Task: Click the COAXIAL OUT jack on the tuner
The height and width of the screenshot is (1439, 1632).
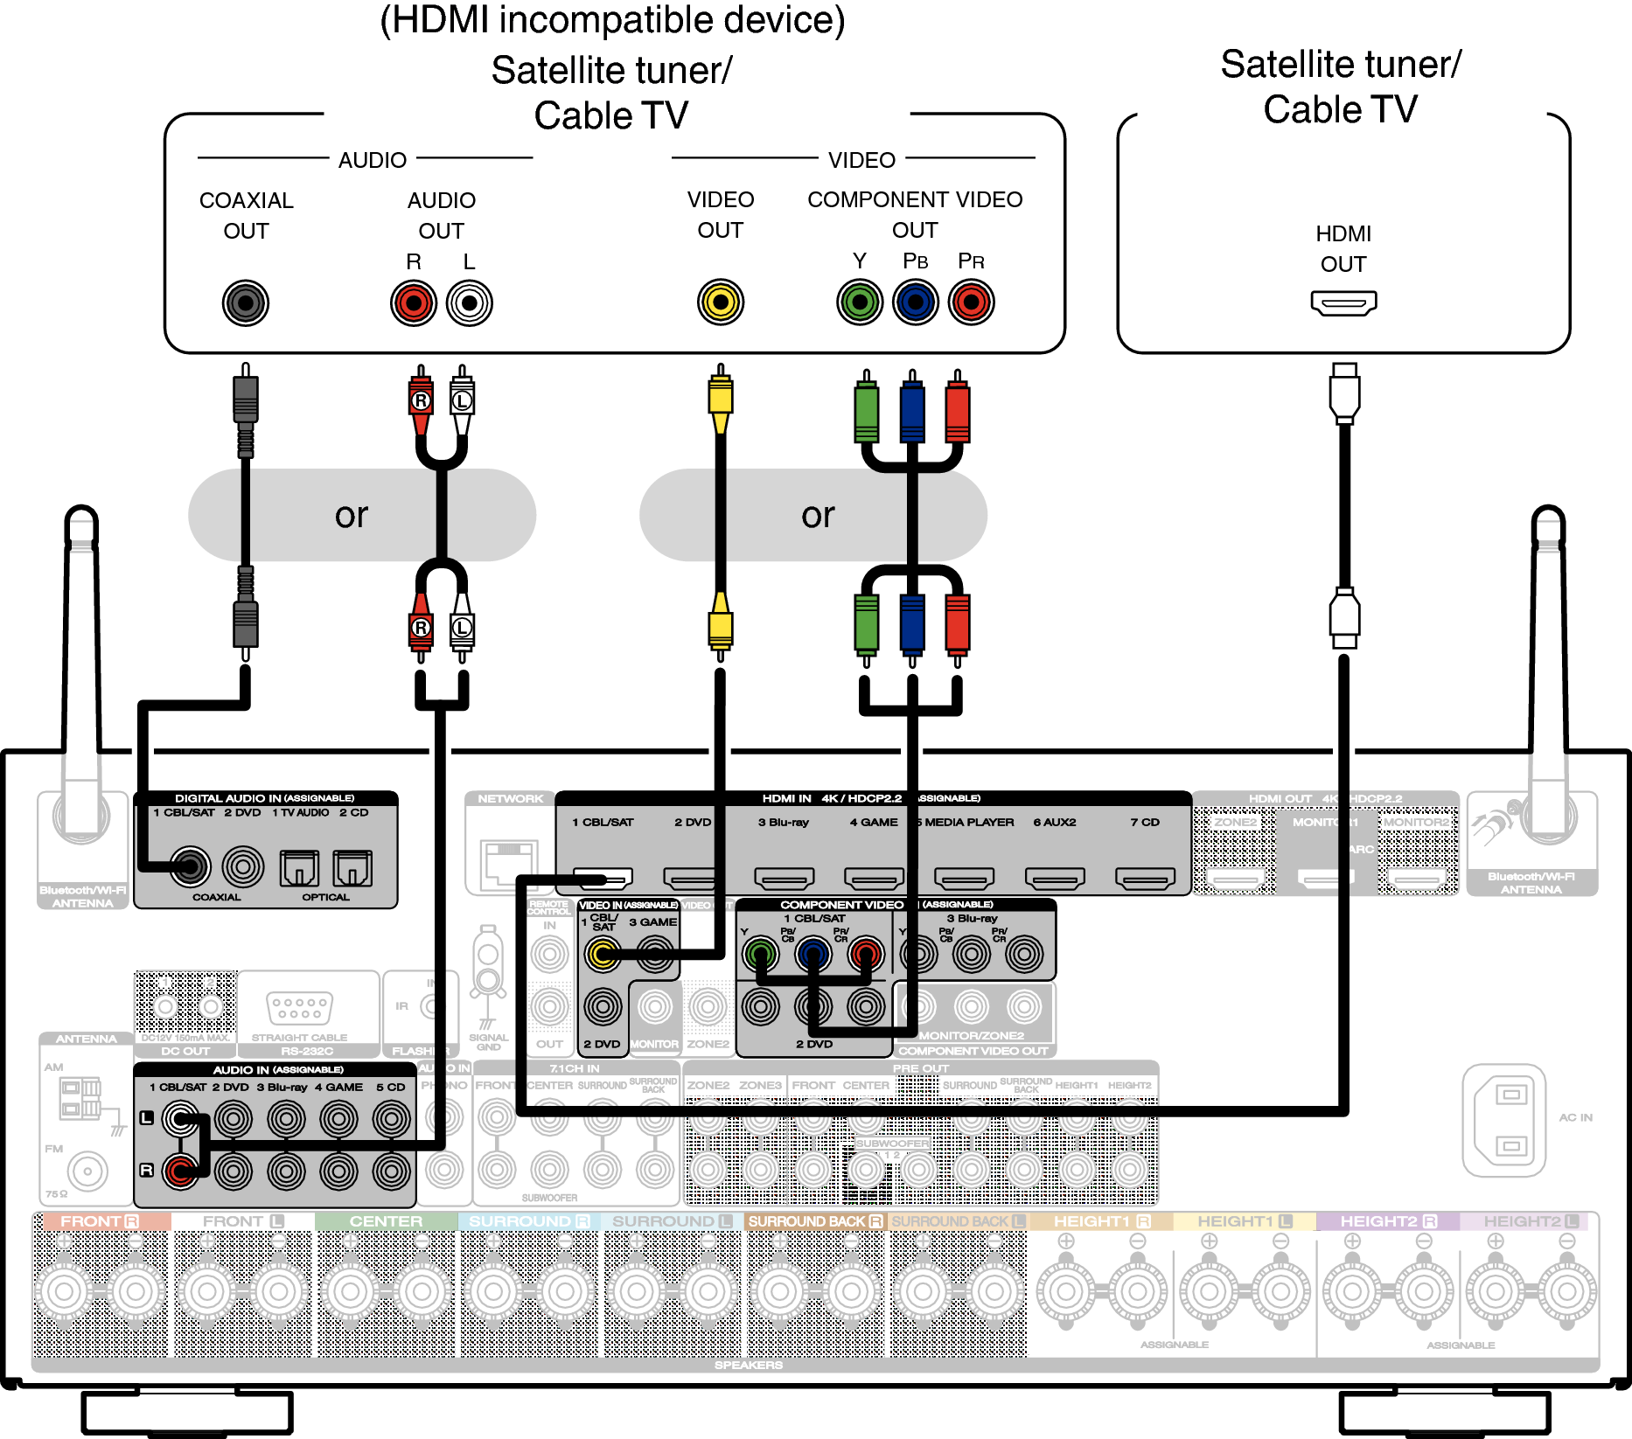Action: click(246, 303)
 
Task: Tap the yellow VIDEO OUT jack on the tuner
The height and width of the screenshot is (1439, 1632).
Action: click(720, 302)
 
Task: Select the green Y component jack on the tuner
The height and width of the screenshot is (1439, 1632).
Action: click(860, 302)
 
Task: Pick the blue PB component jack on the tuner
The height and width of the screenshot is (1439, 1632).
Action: click(915, 302)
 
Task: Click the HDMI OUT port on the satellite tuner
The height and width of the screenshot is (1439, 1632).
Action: click(1343, 303)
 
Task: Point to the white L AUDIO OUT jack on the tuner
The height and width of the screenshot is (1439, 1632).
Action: click(470, 303)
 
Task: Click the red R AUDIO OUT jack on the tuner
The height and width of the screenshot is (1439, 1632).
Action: click(414, 303)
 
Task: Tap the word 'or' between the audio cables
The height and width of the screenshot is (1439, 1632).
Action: click(352, 515)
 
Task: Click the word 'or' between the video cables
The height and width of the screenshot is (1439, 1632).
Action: click(818, 515)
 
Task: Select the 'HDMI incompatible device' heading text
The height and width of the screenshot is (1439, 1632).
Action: click(612, 21)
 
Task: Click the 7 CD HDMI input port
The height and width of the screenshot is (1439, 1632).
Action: click(1145, 877)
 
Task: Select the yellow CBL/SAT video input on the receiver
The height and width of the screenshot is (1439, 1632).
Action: click(603, 954)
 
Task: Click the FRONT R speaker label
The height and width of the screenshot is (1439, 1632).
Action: click(100, 1221)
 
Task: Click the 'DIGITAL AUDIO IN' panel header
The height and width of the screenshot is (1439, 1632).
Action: click(264, 798)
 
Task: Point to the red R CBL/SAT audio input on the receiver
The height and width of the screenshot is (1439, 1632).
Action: click(181, 1171)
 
